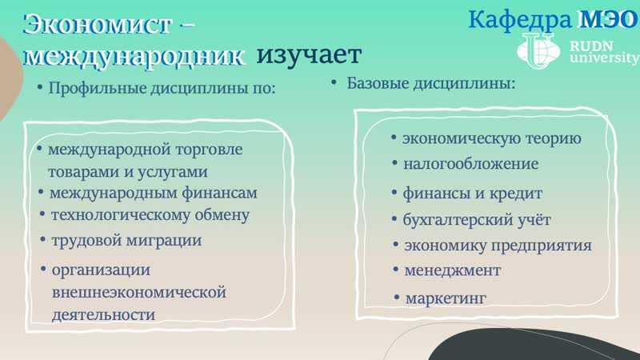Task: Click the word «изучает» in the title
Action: pyautogui.click(x=309, y=55)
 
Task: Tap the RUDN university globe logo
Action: pyautogui.click(x=538, y=51)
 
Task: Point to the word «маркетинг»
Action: pyautogui.click(x=446, y=298)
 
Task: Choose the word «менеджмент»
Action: pyautogui.click(x=452, y=270)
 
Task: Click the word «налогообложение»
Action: pyautogui.click(x=471, y=164)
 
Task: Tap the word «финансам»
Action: pyautogui.click(x=219, y=193)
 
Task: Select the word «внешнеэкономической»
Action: pyautogui.click(x=138, y=292)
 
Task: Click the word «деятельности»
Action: pyautogui.click(x=103, y=315)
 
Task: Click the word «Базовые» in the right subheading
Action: pyautogui.click(x=377, y=83)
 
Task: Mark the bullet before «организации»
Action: pyautogui.click(x=43, y=269)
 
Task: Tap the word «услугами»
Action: pyautogui.click(x=173, y=172)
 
